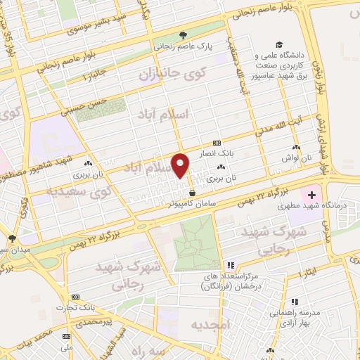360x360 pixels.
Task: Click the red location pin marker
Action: pos(181,165)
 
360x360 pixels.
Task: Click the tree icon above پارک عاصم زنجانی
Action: pos(183,35)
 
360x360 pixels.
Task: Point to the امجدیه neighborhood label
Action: pos(209,326)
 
